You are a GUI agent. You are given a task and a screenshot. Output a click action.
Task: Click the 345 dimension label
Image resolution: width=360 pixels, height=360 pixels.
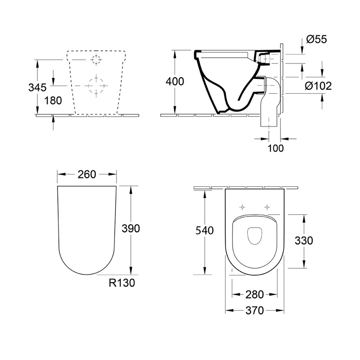pyautogui.click(x=37, y=87)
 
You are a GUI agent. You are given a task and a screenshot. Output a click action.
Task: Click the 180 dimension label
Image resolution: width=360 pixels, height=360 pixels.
pyautogui.click(x=53, y=101)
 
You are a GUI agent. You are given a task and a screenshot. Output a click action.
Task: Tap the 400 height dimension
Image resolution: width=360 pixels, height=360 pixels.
pyautogui.click(x=175, y=82)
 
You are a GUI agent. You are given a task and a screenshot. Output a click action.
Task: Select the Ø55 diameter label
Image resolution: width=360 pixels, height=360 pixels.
pyautogui.click(x=316, y=39)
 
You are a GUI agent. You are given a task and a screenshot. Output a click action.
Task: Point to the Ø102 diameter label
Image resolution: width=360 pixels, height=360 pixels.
pyautogui.click(x=318, y=85)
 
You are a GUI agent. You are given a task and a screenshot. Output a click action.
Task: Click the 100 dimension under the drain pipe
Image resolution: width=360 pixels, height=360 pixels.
pyautogui.click(x=275, y=148)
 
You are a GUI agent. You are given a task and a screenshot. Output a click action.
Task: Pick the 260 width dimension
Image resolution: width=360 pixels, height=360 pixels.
pyautogui.click(x=87, y=174)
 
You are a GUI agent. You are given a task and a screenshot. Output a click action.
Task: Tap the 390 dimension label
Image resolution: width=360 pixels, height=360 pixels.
pyautogui.click(x=131, y=229)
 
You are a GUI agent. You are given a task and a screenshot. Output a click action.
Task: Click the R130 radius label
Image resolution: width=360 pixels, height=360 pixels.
pyautogui.click(x=122, y=283)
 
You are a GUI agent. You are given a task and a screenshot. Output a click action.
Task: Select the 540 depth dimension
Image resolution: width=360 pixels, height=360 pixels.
pyautogui.click(x=204, y=231)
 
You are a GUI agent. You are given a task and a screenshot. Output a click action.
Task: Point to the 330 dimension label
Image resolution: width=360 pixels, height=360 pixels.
pyautogui.click(x=304, y=240)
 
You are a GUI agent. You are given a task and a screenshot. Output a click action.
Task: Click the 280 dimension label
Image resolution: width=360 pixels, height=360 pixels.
pyautogui.click(x=254, y=295)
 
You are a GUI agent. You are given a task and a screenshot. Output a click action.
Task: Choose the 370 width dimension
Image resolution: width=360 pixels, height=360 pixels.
pyautogui.click(x=254, y=310)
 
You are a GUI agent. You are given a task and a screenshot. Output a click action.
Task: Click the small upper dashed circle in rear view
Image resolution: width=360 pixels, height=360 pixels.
pyautogui.click(x=96, y=60)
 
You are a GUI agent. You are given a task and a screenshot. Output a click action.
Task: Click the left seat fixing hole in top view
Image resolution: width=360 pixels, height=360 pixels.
pyautogui.click(x=242, y=207)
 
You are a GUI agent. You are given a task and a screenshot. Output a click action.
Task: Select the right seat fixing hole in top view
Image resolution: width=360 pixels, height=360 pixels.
pyautogui.click(x=267, y=207)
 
